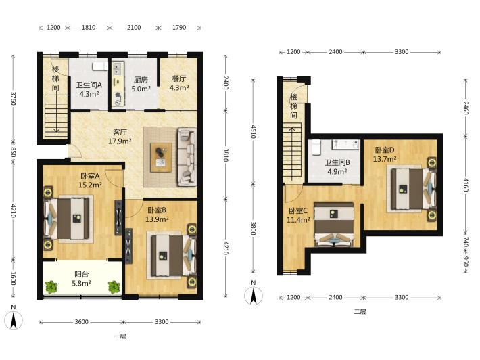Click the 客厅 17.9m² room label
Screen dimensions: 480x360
point(120,137)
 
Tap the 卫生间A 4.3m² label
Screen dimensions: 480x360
point(89,89)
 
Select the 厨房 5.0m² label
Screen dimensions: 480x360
point(141,85)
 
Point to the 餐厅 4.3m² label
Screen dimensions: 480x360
point(178,83)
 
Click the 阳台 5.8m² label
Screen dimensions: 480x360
point(81,279)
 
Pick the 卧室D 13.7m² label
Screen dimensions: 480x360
point(385,154)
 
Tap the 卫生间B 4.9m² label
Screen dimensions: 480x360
point(337,166)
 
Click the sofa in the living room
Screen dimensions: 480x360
point(187,157)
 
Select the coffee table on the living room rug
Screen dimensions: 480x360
point(161,158)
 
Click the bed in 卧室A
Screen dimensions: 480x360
point(68,218)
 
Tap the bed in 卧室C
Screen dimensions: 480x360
point(334,224)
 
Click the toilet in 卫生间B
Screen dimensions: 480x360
point(316,148)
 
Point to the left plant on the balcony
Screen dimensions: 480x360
point(52,287)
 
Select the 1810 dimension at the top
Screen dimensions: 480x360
point(89,28)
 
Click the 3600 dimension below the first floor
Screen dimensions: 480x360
point(81,321)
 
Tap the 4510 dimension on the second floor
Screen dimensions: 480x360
point(253,131)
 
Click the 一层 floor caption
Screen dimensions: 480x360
point(120,336)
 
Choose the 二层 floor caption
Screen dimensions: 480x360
point(360,312)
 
